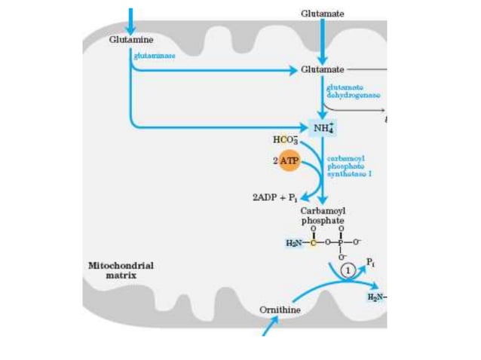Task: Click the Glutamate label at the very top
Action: coord(322,14)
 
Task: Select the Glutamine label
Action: coord(131,39)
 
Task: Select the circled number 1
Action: coord(348,269)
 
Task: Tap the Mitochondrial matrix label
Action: coord(121,270)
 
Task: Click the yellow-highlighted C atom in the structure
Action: coord(311,241)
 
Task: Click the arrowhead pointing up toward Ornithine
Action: coord(274,321)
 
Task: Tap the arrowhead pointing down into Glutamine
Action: coord(130,28)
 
